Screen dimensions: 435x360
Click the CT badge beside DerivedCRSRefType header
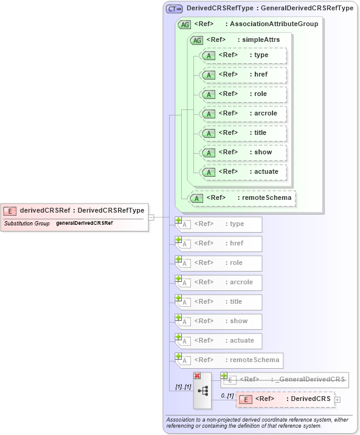pyautogui.click(x=175, y=9)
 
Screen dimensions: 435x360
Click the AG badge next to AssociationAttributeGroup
pyautogui.click(x=184, y=24)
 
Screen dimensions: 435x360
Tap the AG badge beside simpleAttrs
pyautogui.click(x=196, y=40)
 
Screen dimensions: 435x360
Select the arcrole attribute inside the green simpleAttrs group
pyautogui.click(x=243, y=114)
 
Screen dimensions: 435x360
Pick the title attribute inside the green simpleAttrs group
pyautogui.click(x=243, y=133)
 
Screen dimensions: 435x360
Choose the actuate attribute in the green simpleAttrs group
pyautogui.click(x=243, y=172)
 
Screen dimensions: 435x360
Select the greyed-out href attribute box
pyautogui.click(x=219, y=244)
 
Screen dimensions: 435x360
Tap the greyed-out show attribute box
pyautogui.click(x=219, y=321)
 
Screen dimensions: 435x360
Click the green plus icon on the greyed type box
pyautogui.click(x=179, y=220)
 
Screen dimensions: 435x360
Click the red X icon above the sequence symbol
pyautogui.click(x=197, y=376)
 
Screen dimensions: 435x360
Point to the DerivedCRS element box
pyautogui.click(x=285, y=399)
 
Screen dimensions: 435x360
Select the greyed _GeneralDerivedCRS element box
pyautogui.click(x=285, y=380)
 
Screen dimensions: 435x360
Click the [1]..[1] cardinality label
pyautogui.click(x=183, y=386)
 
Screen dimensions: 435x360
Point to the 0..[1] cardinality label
pyautogui.click(x=226, y=396)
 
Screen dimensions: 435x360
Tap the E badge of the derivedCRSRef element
pyautogui.click(x=10, y=211)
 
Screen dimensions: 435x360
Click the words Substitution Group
pyautogui.click(x=27, y=224)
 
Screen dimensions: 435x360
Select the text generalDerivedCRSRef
pyautogui.click(x=84, y=224)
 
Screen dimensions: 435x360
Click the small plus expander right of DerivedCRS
pyautogui.click(x=337, y=400)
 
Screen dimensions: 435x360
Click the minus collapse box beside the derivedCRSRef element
pyautogui.click(x=151, y=217)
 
